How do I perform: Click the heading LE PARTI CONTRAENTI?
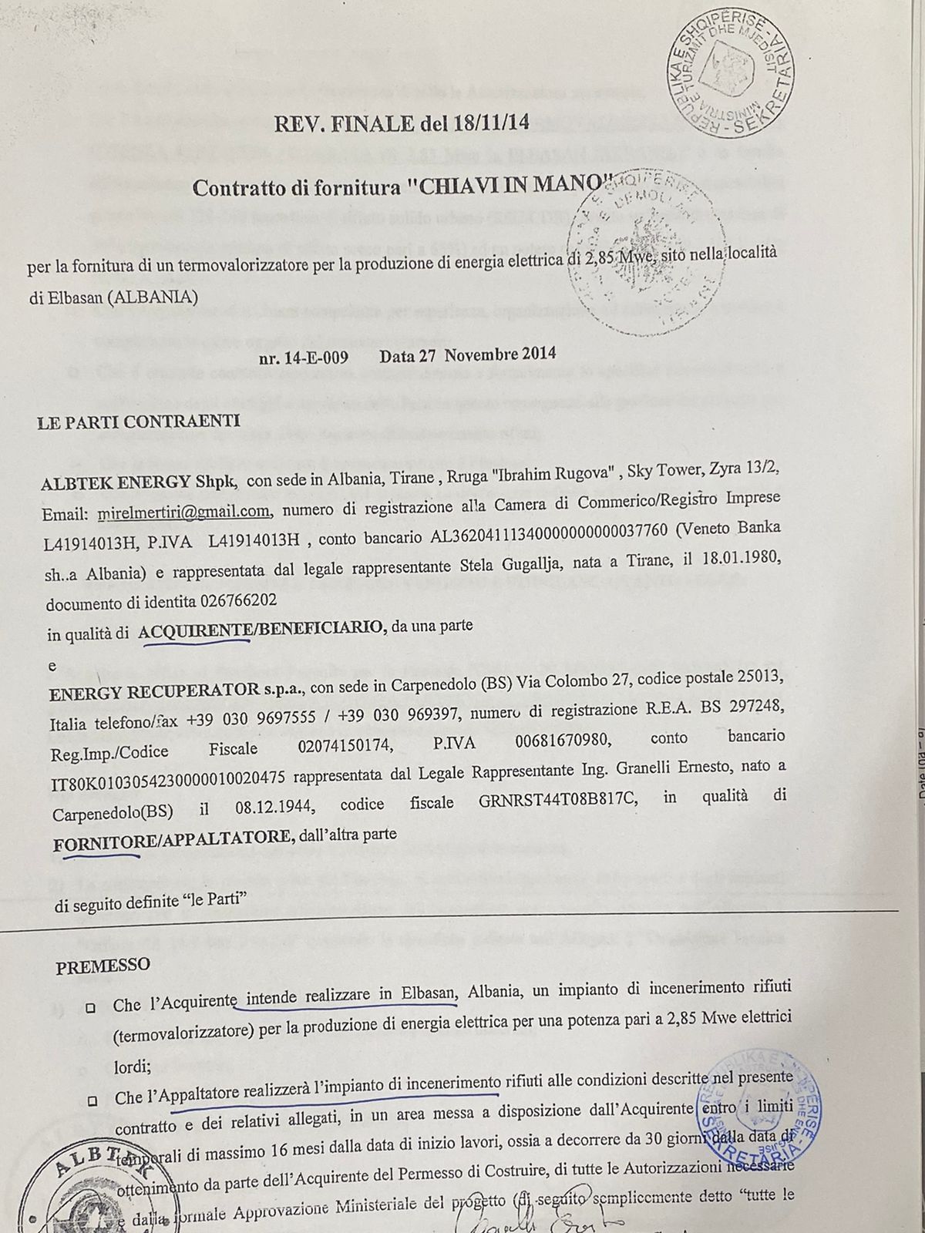(139, 422)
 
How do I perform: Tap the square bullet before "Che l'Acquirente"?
(91, 1007)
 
